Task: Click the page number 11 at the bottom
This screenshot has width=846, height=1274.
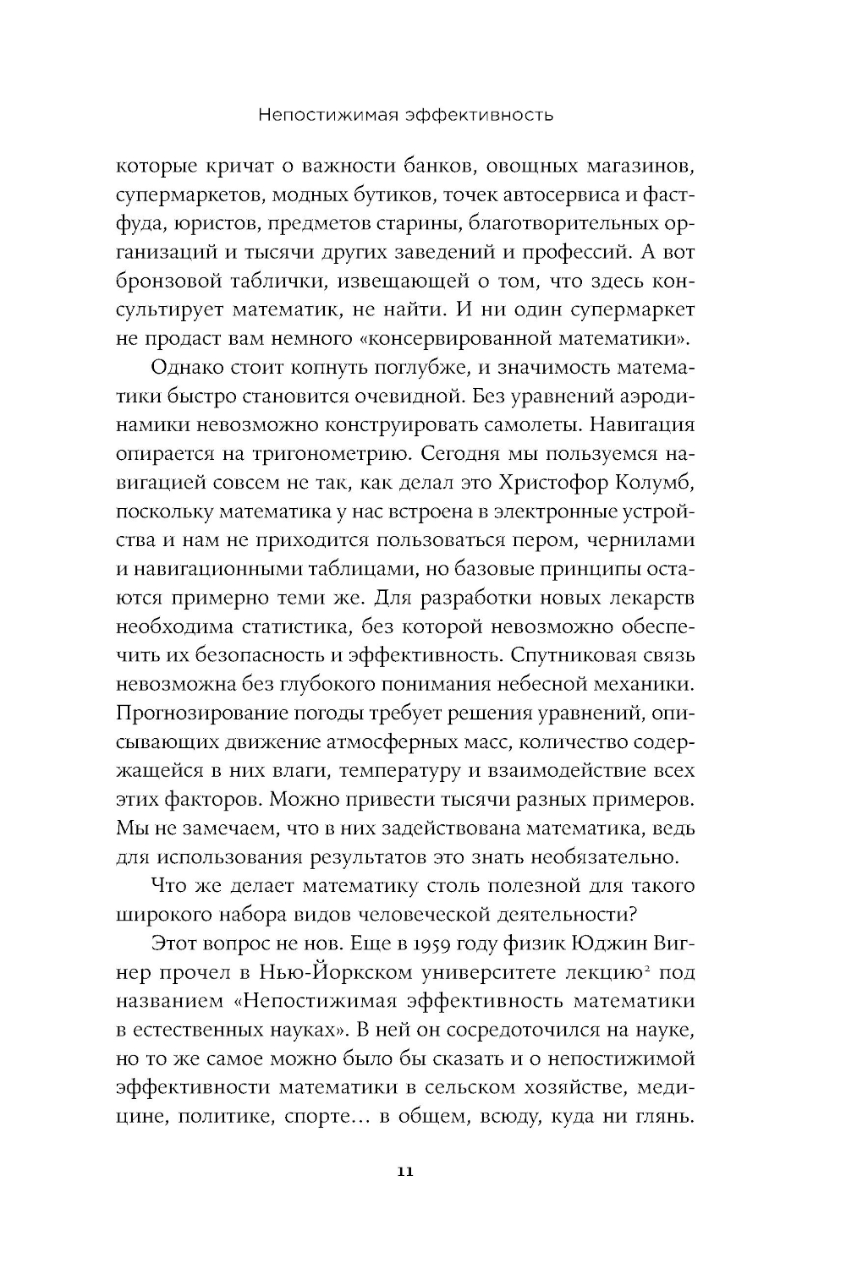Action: tap(404, 1172)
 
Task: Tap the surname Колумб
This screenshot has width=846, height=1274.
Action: tap(652, 482)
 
